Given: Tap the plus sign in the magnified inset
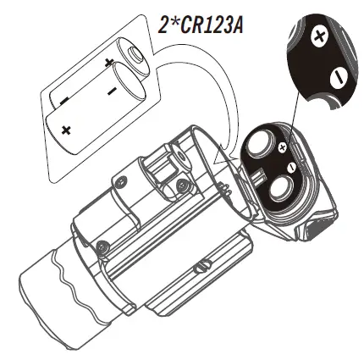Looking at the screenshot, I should tap(319, 36).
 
